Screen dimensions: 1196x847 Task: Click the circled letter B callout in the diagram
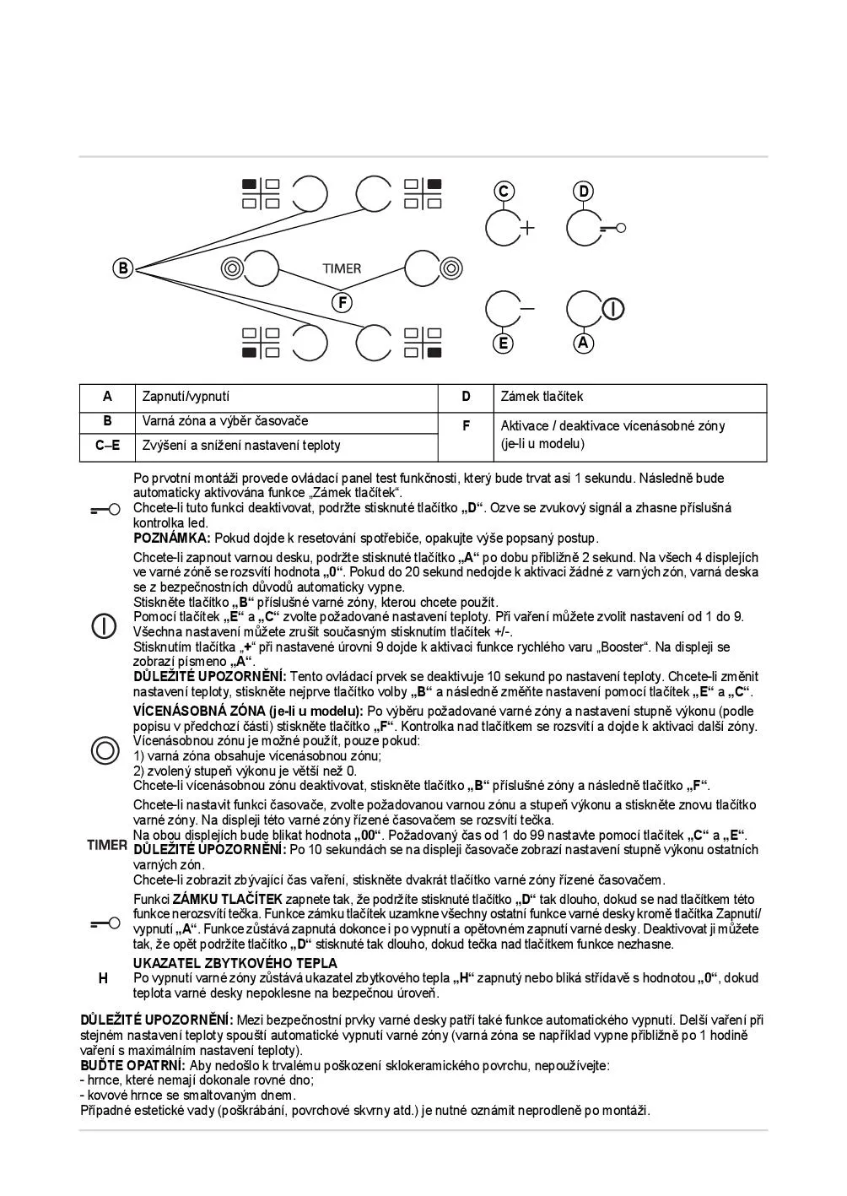(x=123, y=268)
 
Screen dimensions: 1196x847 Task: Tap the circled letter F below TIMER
(x=342, y=302)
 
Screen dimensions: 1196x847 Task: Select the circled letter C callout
(x=504, y=192)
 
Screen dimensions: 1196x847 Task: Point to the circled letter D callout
(x=584, y=192)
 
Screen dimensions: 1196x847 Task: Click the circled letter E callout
(x=504, y=343)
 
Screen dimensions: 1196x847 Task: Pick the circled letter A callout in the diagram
(x=584, y=343)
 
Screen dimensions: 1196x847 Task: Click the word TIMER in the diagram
(x=342, y=268)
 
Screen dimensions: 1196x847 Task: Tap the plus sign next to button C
(x=527, y=228)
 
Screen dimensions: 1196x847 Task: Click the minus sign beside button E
(x=527, y=309)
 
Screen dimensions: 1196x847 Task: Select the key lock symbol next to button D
(x=613, y=228)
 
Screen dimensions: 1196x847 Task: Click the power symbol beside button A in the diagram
(x=613, y=309)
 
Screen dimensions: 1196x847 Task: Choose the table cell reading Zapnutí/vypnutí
(x=186, y=397)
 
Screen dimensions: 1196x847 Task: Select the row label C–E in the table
(x=107, y=446)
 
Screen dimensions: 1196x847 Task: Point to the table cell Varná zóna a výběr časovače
(x=225, y=421)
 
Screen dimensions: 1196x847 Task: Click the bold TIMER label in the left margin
(x=107, y=845)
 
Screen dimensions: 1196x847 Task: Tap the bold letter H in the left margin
(x=103, y=978)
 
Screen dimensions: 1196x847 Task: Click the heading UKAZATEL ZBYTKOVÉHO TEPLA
(x=235, y=963)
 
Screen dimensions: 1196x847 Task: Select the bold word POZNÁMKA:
(x=172, y=538)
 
